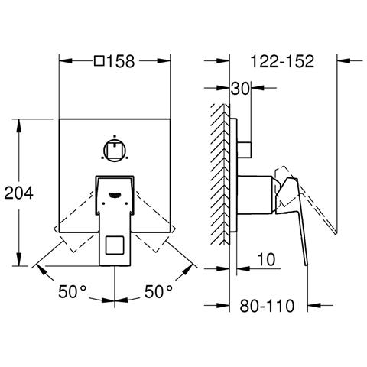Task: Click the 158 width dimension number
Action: tap(121, 61)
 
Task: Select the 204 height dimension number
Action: tap(19, 193)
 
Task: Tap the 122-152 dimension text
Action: tap(282, 61)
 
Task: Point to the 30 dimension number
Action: tap(240, 89)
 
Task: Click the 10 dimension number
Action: tap(266, 259)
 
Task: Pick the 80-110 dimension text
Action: tap(267, 306)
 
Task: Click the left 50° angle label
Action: tap(73, 291)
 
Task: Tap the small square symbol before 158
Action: tap(99, 61)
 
